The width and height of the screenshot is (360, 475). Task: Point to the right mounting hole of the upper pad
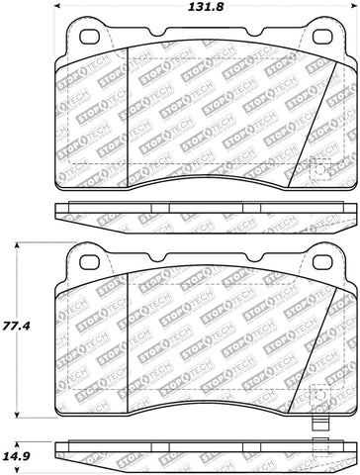pos(322,38)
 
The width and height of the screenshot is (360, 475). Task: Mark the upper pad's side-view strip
pos(208,213)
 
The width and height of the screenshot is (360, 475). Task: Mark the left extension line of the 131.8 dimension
pos(66,20)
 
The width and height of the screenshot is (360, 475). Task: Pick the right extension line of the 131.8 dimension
pos(349,20)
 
